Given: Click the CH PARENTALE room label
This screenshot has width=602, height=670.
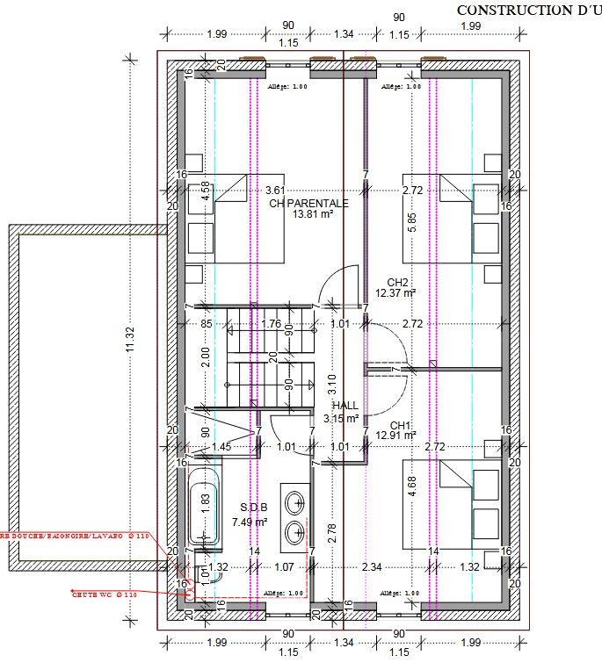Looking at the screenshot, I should (308, 203).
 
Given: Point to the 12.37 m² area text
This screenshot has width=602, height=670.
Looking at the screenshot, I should (395, 293).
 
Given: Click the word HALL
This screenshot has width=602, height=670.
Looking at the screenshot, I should (345, 406).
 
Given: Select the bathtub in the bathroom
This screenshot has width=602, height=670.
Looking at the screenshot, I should (205, 508).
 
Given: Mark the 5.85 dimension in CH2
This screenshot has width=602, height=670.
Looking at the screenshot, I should (411, 222).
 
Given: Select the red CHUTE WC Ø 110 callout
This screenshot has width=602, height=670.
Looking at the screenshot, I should (105, 594).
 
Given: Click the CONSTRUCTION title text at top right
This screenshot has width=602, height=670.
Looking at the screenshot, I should (518, 10).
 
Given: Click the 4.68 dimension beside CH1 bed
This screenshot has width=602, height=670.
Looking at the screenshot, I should (411, 487).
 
